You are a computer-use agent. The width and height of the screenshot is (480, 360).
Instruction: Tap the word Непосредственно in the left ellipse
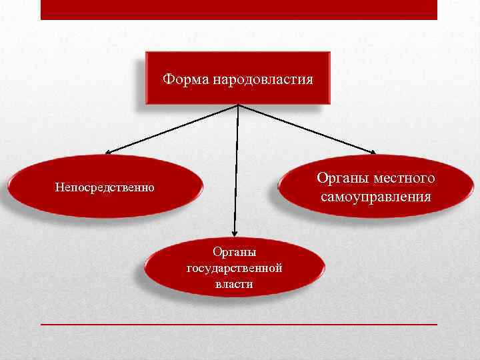tap(105, 188)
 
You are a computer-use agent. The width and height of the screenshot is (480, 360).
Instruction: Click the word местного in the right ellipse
tap(405, 179)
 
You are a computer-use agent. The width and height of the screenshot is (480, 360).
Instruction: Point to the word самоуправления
tap(375, 197)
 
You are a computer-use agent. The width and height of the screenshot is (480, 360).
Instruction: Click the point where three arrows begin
tap(238, 105)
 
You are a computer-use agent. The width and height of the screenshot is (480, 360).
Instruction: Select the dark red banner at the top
tap(239, 9)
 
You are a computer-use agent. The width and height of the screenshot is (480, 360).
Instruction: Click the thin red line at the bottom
tap(239, 324)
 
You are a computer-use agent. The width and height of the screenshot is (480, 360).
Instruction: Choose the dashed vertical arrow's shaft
tap(236, 167)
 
